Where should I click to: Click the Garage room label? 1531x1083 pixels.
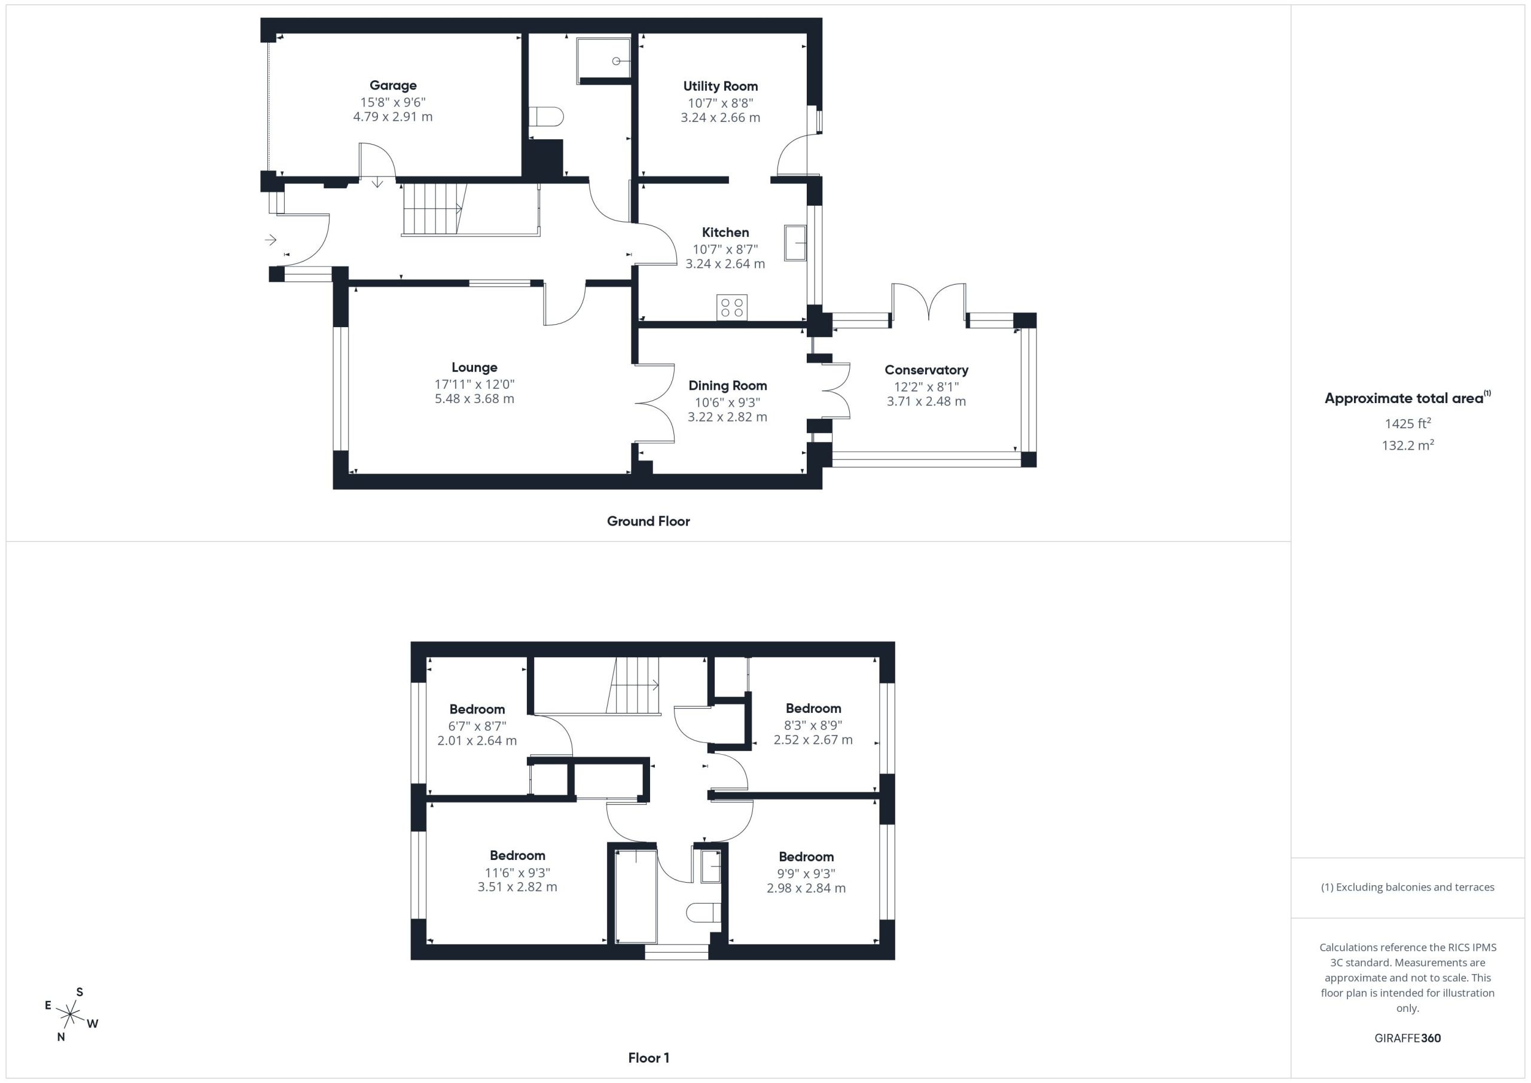[x=393, y=86]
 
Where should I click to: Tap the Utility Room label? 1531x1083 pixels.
[x=720, y=86]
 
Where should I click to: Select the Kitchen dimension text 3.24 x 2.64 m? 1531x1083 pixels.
[x=725, y=263]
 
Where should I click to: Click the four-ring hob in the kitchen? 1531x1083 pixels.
[x=731, y=307]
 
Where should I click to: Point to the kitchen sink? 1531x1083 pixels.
[x=795, y=242]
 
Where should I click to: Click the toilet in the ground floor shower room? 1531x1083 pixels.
[x=546, y=117]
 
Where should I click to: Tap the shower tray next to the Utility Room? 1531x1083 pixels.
[x=603, y=60]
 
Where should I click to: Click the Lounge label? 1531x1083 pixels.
[x=474, y=367]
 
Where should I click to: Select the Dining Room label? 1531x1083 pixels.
[x=727, y=386]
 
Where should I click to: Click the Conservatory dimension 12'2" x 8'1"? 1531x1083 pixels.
[x=926, y=387]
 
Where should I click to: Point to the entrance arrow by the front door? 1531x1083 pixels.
[x=270, y=239]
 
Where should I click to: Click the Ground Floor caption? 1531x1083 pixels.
[x=648, y=521]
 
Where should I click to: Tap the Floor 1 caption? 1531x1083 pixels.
[x=648, y=1058]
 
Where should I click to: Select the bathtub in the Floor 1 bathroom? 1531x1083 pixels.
[x=636, y=896]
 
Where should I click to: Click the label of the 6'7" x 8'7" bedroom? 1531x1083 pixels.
[x=477, y=709]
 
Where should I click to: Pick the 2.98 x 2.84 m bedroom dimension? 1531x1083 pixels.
[x=806, y=888]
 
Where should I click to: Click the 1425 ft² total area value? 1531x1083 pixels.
[x=1407, y=423]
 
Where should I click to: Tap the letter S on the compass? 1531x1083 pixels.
[x=80, y=992]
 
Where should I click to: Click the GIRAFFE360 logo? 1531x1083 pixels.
[x=1407, y=1038]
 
